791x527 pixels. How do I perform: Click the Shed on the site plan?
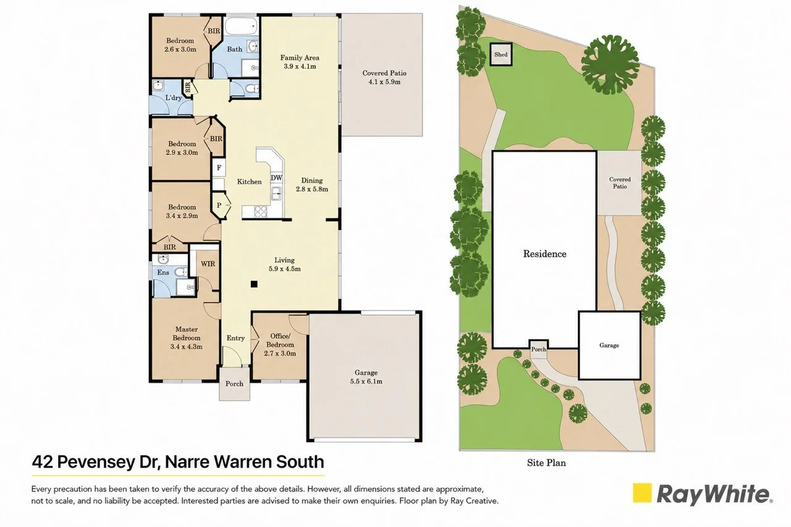(x=501, y=54)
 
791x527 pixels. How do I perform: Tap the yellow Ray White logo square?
(x=641, y=493)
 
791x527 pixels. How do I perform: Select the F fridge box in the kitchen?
(x=219, y=168)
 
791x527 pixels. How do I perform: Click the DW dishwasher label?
(x=276, y=178)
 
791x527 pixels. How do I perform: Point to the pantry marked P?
(x=219, y=205)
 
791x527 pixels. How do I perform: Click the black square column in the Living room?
(x=254, y=284)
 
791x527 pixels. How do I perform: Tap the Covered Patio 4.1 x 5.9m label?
(x=384, y=77)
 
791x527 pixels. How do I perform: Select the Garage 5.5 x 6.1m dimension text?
(x=366, y=382)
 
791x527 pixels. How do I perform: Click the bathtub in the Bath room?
(x=242, y=26)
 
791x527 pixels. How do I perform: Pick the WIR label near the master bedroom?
(x=208, y=263)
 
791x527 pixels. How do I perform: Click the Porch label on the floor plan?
(x=234, y=383)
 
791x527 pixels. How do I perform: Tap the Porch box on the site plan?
(x=538, y=348)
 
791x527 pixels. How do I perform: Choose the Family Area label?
(x=300, y=58)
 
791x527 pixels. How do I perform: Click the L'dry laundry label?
(x=173, y=98)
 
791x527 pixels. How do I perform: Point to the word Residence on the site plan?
(x=544, y=254)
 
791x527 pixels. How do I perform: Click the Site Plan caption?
(x=546, y=463)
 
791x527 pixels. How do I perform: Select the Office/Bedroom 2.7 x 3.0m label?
(x=280, y=345)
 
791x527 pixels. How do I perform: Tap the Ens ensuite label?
(x=163, y=272)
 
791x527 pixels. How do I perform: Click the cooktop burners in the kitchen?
(x=261, y=212)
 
